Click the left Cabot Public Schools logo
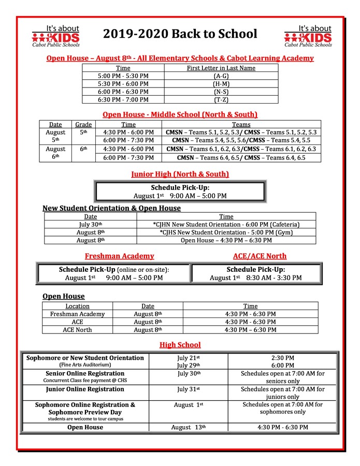pos(55,36)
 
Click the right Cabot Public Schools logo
pos(308,36)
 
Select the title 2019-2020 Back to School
pos(180,34)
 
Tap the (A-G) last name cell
pos(221,76)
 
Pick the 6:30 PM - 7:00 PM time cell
pos(123,99)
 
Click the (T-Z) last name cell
pos(221,99)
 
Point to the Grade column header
pos(83,124)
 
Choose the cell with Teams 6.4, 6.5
pos(241,157)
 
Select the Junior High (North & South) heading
pos(180,174)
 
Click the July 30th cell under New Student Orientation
pos(91,224)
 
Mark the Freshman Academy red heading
pos(119,256)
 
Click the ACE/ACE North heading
pos(260,256)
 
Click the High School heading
pos(180,345)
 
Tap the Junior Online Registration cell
pos(85,389)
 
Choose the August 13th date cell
pos(189,427)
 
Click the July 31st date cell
pos(189,389)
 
